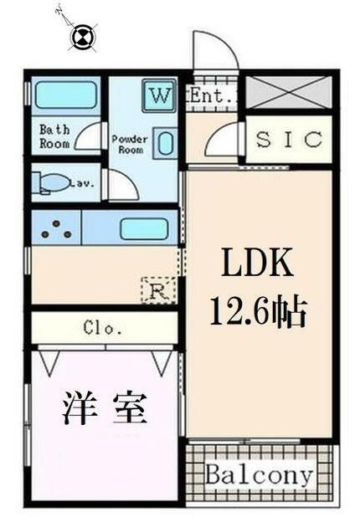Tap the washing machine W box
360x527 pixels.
pyautogui.click(x=159, y=94)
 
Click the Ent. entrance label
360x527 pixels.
pyautogui.click(x=210, y=95)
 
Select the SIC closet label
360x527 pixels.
pyautogui.click(x=289, y=140)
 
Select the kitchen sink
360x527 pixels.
pyautogui.click(x=143, y=228)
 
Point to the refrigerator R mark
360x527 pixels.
pyautogui.click(x=157, y=290)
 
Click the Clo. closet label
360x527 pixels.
pyautogui.click(x=104, y=328)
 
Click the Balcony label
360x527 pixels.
pyautogui.click(x=260, y=476)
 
